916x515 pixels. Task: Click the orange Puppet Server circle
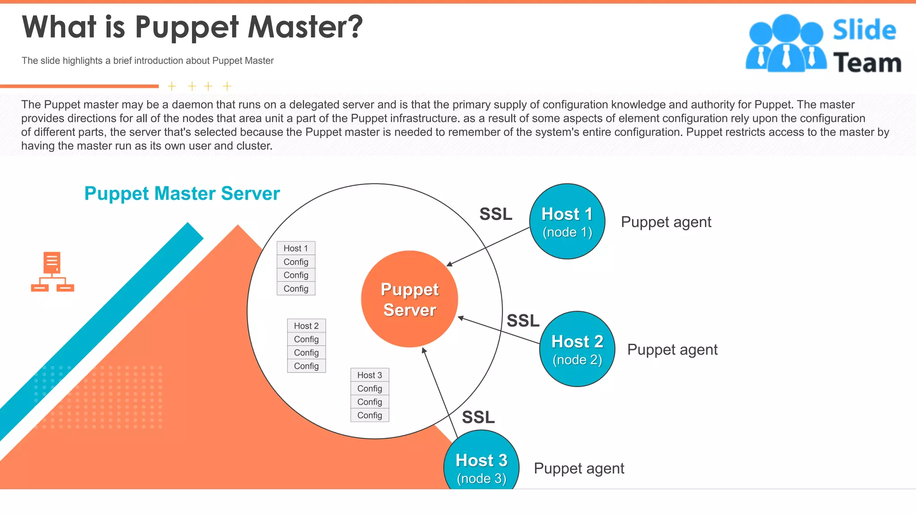[x=409, y=299]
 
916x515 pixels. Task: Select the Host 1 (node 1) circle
[x=567, y=222]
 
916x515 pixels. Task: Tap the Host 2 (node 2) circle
[x=577, y=349]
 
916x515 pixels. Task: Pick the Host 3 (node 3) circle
[x=481, y=465]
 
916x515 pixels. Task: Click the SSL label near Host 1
[x=496, y=214]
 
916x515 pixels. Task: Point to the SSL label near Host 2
[x=523, y=321]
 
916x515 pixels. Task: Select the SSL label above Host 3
[x=478, y=417]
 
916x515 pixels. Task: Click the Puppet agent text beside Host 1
[x=666, y=222]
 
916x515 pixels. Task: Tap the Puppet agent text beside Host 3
[x=579, y=469]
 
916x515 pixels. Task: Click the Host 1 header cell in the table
[x=296, y=248]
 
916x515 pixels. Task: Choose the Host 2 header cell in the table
[x=306, y=326]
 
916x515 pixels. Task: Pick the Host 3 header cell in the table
[x=369, y=375]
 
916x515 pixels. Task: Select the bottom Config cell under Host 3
[x=369, y=415]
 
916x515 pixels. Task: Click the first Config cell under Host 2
[x=306, y=339]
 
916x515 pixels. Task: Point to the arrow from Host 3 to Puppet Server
[x=440, y=393]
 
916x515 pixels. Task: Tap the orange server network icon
[x=52, y=272]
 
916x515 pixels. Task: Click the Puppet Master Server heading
[x=182, y=194]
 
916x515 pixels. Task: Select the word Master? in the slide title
[x=305, y=27]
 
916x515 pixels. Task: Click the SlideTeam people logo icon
[x=786, y=44]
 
